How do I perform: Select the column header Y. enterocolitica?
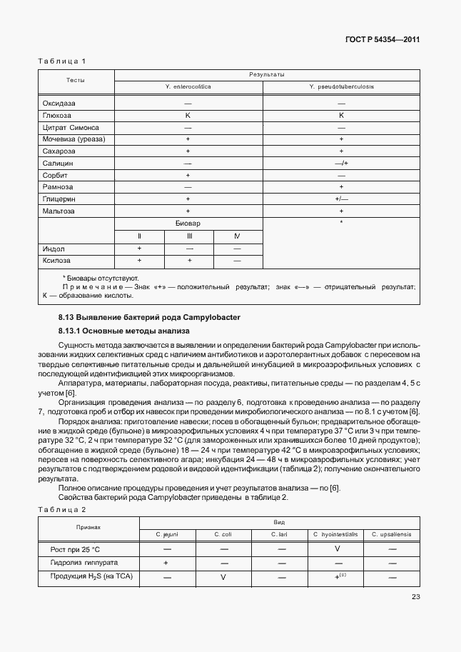pos(188,86)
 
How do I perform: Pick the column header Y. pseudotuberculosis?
pos(341,86)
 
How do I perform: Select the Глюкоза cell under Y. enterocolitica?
pos(188,115)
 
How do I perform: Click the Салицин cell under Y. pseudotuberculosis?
pos(341,164)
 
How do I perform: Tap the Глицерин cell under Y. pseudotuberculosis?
pos(341,199)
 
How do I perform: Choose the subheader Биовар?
pos(188,224)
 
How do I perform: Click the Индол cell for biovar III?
pos(189,248)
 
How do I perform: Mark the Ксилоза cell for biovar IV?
pos(237,261)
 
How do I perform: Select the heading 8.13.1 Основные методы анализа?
pos(123,331)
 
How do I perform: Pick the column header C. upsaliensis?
pos(391,534)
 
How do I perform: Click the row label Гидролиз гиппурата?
pos(79,563)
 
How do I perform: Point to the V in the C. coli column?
pos(223,576)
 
